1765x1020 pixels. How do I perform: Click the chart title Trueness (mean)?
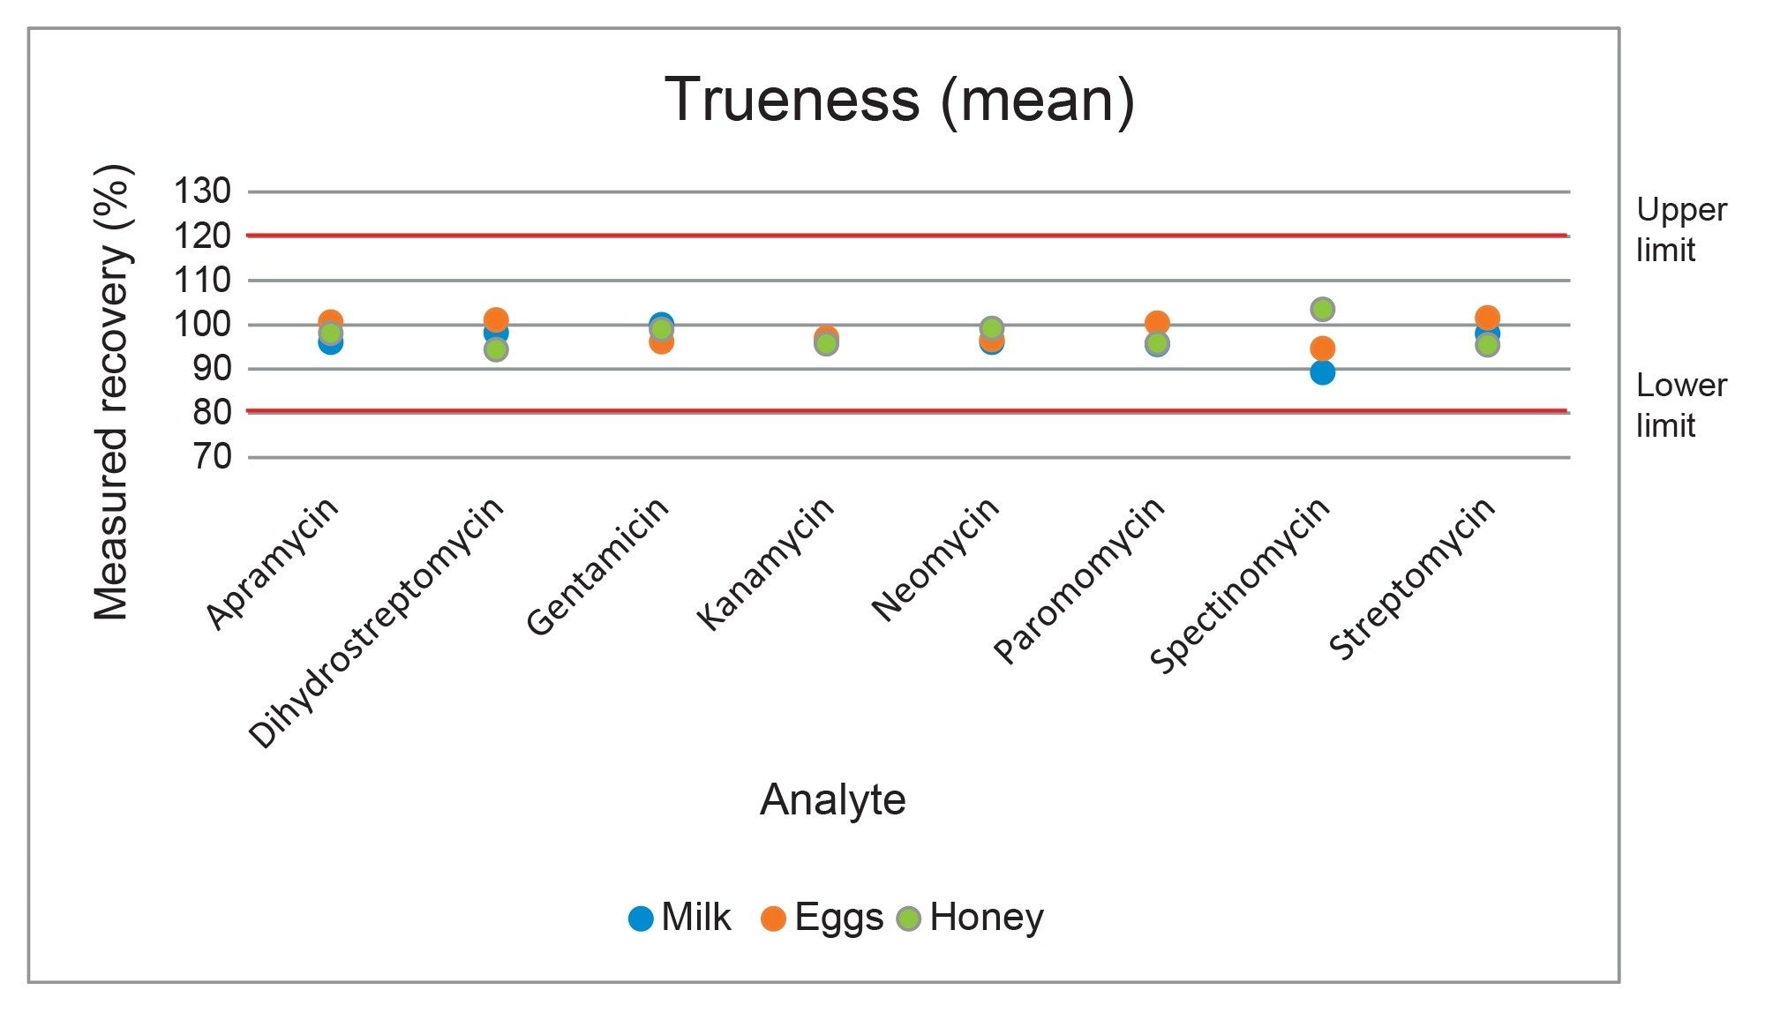[899, 101]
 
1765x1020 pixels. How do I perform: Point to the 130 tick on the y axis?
[202, 191]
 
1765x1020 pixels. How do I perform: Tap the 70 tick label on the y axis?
[212, 457]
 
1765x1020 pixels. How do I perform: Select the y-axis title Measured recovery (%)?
[113, 393]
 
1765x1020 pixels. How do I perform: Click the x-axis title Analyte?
[832, 800]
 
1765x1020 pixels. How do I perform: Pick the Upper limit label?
[1680, 229]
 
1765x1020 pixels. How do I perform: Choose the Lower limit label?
[1680, 405]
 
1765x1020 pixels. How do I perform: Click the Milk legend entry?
[680, 918]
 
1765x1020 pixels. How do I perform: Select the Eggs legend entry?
[822, 918]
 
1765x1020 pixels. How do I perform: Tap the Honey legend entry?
[971, 918]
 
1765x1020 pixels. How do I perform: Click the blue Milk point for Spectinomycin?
[1322, 372]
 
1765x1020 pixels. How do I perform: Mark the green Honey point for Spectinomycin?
[1322, 309]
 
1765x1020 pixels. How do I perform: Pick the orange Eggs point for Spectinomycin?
[1322, 349]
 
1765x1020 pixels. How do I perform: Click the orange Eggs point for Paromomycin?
[1157, 323]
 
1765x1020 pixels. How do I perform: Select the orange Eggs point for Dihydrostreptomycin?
[496, 319]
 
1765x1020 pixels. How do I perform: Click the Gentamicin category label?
[597, 566]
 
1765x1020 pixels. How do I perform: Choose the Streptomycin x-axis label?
[1412, 578]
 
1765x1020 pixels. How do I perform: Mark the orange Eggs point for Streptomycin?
[1488, 317]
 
